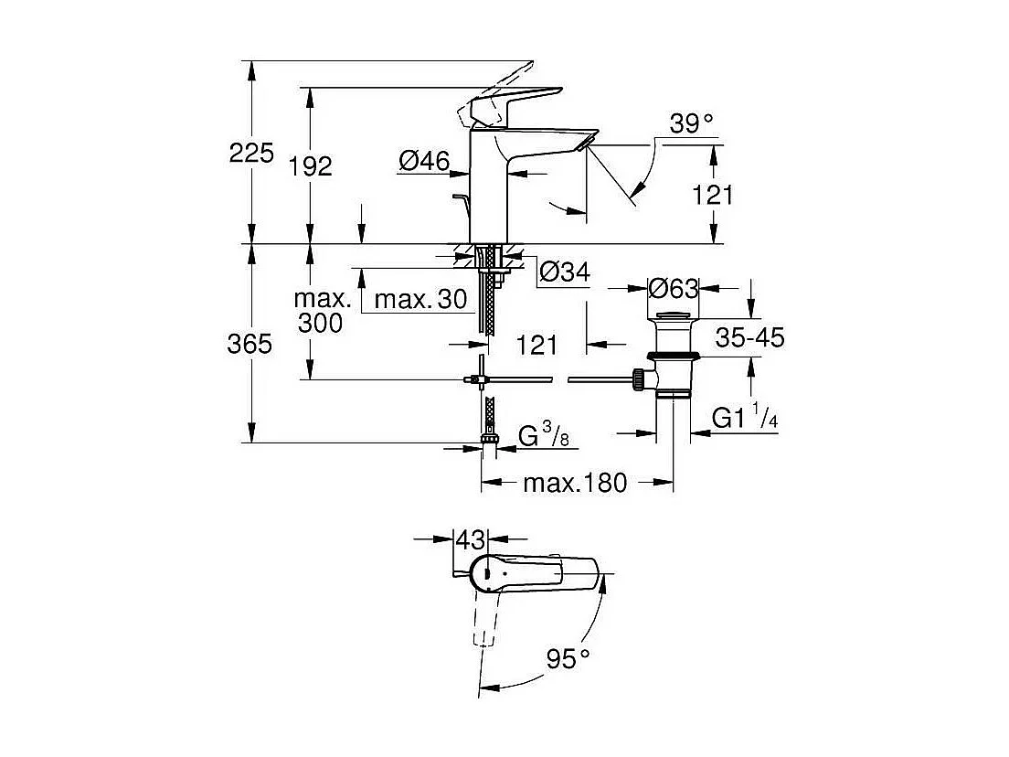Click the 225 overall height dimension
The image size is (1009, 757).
pyautogui.click(x=251, y=153)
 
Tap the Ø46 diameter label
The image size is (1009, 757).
pyautogui.click(x=424, y=162)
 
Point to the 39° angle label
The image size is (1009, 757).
pyautogui.click(x=690, y=124)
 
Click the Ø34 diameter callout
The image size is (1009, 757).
pyautogui.click(x=564, y=272)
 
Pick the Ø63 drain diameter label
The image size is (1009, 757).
pyautogui.click(x=673, y=289)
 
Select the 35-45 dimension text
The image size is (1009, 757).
pyautogui.click(x=749, y=338)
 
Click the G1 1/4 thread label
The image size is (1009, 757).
pyautogui.click(x=745, y=419)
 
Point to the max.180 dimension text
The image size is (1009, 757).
pyautogui.click(x=575, y=483)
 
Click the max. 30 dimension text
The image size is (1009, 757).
pyautogui.click(x=420, y=299)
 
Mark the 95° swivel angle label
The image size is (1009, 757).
pyautogui.click(x=568, y=657)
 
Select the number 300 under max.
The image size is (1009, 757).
pyautogui.click(x=320, y=322)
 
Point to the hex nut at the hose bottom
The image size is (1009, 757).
pyautogui.click(x=490, y=446)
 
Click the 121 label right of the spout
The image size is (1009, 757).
pyautogui.click(x=713, y=195)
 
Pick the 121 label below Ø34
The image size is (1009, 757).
pyautogui.click(x=537, y=345)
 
